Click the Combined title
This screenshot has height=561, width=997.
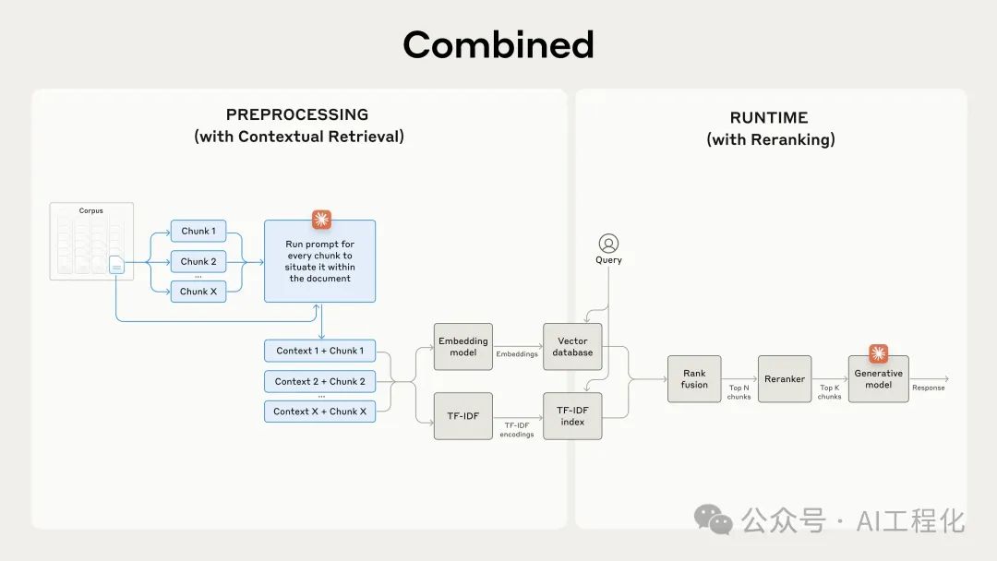(498, 45)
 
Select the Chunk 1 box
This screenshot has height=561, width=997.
(198, 232)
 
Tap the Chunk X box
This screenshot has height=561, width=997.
(198, 292)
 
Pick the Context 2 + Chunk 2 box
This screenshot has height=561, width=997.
(319, 381)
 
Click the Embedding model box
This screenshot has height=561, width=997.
(462, 347)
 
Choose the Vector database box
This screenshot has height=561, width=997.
(572, 347)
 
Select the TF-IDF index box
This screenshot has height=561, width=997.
(572, 415)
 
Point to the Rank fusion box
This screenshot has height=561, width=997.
(694, 379)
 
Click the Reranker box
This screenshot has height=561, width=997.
(785, 379)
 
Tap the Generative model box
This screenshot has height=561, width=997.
(878, 379)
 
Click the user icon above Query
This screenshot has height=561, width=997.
(608, 244)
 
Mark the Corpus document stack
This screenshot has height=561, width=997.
(91, 242)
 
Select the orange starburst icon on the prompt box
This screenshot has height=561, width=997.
(321, 220)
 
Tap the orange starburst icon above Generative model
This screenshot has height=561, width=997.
(878, 353)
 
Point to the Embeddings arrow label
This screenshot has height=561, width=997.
(517, 354)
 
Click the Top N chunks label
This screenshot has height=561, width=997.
(739, 392)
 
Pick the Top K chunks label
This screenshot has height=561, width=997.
(830, 392)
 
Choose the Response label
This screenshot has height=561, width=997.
(928, 388)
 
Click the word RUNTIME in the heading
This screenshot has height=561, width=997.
(769, 118)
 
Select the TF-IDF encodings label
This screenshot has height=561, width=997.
(516, 430)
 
